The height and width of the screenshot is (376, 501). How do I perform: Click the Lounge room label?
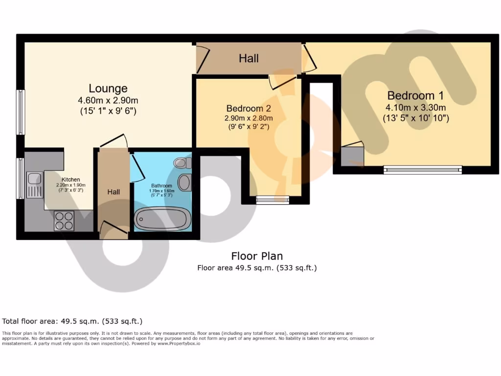[108, 89]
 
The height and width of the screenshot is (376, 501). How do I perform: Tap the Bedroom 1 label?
[410, 95]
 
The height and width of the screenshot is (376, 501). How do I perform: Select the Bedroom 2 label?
[249, 108]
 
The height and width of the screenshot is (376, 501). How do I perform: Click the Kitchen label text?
[70, 180]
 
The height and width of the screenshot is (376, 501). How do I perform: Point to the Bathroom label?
[161, 186]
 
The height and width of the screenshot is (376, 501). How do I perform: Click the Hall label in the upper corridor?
[249, 59]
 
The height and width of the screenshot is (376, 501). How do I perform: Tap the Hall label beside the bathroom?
[114, 192]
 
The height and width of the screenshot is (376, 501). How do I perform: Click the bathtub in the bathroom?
[162, 219]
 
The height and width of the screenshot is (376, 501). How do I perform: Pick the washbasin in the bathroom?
[184, 182]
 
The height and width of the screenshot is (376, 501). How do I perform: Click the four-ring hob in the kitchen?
[64, 220]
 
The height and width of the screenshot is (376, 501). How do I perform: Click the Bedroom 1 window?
[423, 170]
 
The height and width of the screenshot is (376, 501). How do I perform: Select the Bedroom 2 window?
[273, 199]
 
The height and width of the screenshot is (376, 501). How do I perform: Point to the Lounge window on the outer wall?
[21, 112]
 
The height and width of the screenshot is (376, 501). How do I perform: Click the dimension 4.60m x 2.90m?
[108, 101]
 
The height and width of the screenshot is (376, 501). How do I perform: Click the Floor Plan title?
[257, 256]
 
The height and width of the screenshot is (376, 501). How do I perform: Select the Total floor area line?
[72, 322]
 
